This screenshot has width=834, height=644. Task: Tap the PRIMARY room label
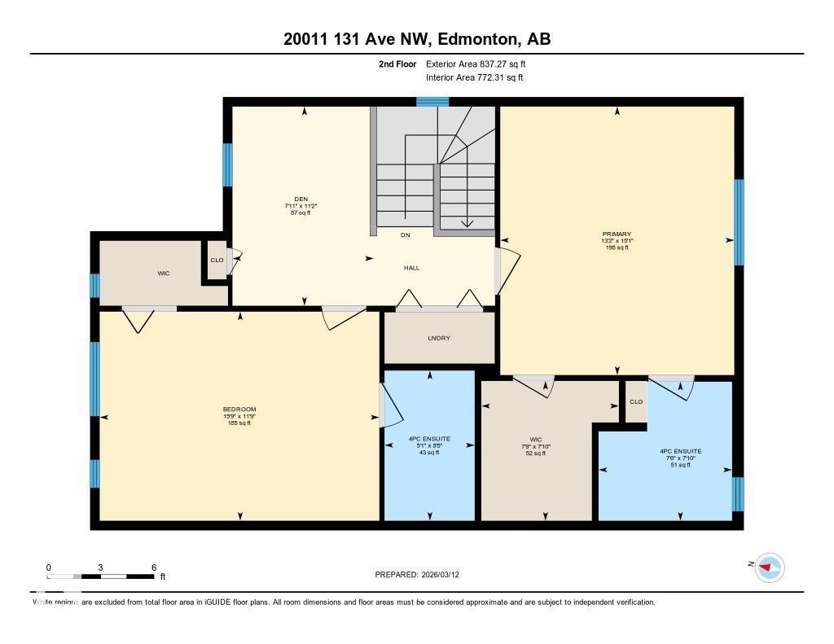[617, 234]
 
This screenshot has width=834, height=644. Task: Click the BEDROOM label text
[239, 409]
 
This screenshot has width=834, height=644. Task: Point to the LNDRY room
[439, 338]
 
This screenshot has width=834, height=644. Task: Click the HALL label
[411, 268]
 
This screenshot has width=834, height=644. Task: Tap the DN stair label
[405, 235]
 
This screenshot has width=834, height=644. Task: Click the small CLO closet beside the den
[217, 261]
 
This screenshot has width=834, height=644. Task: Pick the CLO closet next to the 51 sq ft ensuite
[636, 401]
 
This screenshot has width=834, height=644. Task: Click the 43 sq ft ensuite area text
[429, 453]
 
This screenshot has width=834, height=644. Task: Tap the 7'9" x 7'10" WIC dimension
[535, 446]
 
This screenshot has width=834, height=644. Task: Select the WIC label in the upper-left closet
[164, 273]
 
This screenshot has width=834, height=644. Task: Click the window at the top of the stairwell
[432, 102]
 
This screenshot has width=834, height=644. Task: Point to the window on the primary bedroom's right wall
[739, 222]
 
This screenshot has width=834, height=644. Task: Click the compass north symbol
[770, 567]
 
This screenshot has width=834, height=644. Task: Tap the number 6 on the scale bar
[153, 567]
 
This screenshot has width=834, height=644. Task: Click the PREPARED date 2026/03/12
[423, 575]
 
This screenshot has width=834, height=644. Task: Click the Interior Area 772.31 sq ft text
[474, 78]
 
